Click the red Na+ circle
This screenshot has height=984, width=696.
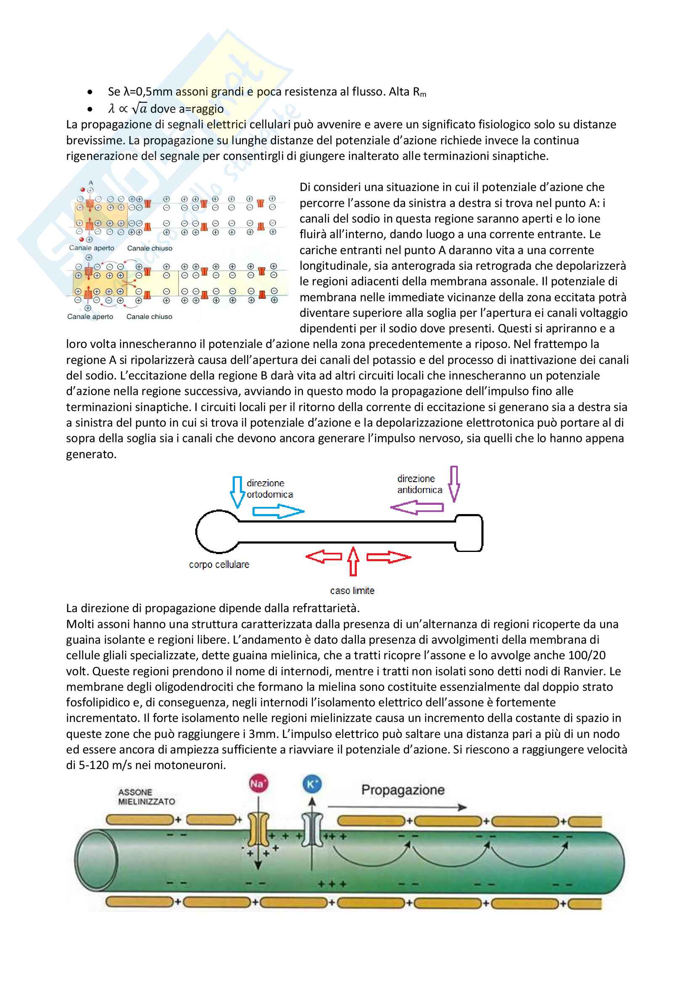258,784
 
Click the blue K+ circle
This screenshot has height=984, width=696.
311,784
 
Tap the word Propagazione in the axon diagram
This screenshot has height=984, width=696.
403,790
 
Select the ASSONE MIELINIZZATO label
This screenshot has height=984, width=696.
146,797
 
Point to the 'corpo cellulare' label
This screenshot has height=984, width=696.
219,565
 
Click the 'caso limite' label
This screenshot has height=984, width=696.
352,591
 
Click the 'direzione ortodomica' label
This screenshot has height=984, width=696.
270,488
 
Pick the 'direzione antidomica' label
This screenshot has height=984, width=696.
419,484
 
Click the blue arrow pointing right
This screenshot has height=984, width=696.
278,511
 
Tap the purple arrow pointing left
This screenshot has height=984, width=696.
417,508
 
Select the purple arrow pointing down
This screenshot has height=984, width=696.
454,483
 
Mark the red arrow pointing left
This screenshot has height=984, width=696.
324,557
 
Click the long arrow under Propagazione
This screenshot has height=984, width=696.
397,807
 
